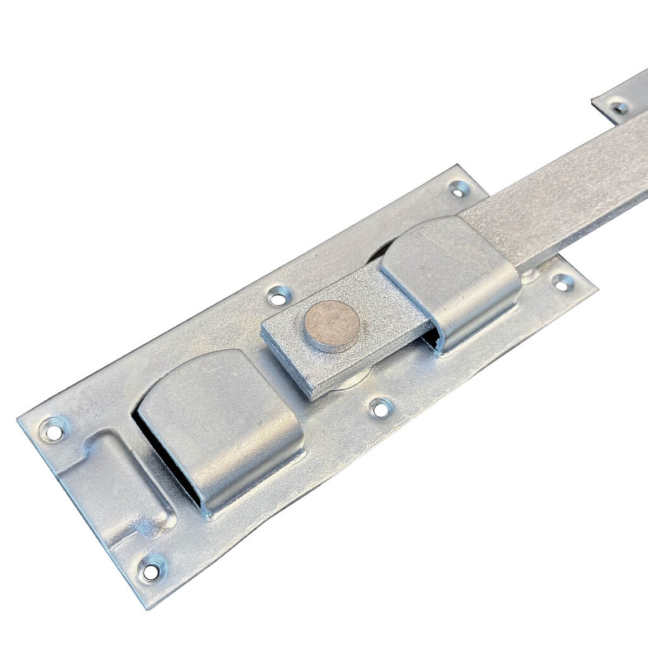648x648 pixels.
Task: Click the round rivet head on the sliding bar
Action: (x=332, y=325)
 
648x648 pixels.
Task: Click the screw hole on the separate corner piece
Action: (x=619, y=107)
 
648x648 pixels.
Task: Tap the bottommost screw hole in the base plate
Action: (x=151, y=570)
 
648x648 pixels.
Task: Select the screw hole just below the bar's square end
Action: (x=380, y=408)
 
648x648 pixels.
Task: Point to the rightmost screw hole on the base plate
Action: (x=562, y=282)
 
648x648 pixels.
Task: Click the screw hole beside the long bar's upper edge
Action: (x=458, y=188)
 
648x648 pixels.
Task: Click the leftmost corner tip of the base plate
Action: (x=19, y=418)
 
